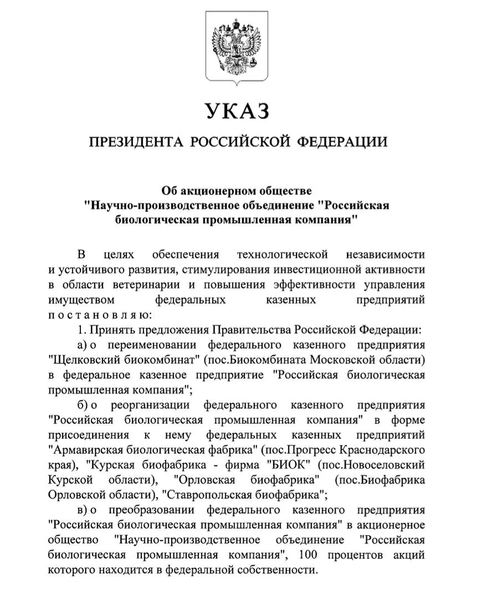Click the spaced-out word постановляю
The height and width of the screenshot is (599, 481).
coord(100,315)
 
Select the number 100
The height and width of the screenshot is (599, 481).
coord(308,554)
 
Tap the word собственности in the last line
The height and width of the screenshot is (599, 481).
coord(283,569)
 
